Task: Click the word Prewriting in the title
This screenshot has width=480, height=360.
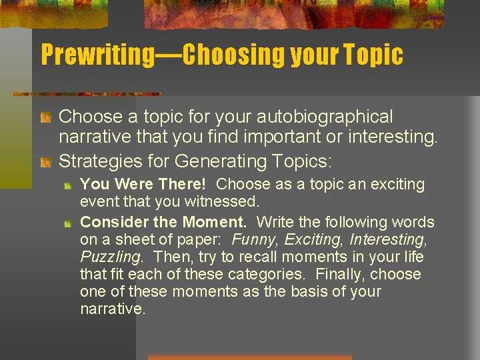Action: pyautogui.click(x=97, y=55)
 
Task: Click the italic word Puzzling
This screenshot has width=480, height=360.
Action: pyautogui.click(x=109, y=257)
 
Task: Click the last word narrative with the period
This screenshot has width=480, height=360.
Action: pyautogui.click(x=112, y=309)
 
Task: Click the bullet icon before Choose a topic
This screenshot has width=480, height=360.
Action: pyautogui.click(x=46, y=118)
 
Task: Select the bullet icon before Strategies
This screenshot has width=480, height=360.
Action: pyautogui.click(x=46, y=162)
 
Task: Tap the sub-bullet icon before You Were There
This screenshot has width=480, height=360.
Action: pyautogui.click(x=68, y=185)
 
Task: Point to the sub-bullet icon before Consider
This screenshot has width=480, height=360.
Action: pyautogui.click(x=68, y=223)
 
